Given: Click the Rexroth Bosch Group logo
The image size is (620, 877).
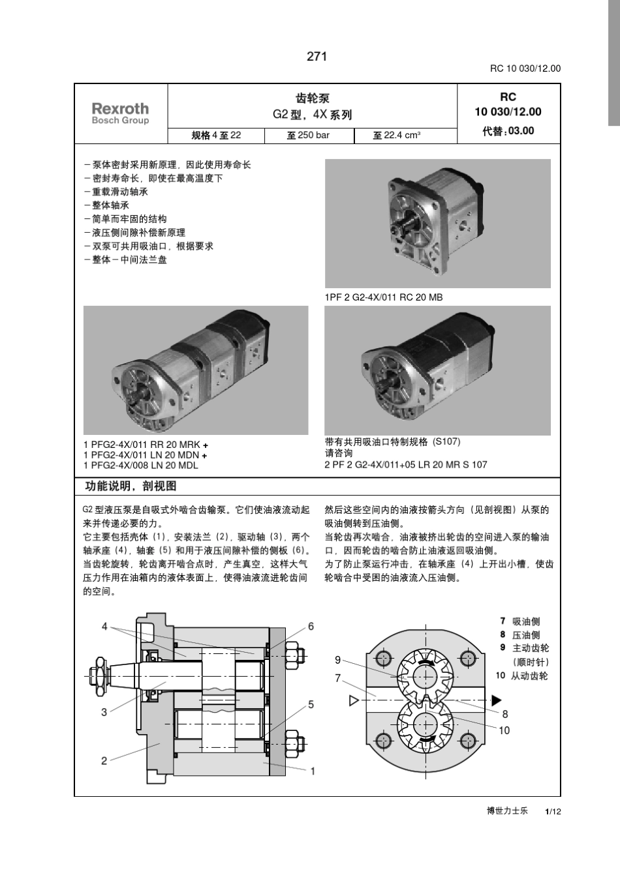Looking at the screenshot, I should [x=120, y=113].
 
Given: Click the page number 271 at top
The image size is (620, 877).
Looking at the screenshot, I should [x=317, y=57].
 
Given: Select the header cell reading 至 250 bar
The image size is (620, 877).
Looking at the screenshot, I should [x=308, y=136].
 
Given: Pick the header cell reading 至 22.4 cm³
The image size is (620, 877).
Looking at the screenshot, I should [x=397, y=136].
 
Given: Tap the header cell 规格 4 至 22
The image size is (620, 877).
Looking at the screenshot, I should [x=216, y=136].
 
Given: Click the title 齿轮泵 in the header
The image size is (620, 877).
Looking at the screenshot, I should [x=312, y=98].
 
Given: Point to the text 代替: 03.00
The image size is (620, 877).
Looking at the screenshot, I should [x=508, y=131].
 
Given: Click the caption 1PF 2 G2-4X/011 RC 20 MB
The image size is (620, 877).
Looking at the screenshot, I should [x=384, y=297].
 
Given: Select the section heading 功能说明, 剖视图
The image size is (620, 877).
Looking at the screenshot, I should [x=131, y=486].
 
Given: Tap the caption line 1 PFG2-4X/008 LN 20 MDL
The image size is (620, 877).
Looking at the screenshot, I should [x=141, y=466].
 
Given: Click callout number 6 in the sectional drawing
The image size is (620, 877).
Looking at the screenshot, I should [x=311, y=627].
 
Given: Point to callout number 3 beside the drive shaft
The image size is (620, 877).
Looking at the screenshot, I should [x=104, y=712].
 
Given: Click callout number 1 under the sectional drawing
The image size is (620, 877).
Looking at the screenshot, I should [x=313, y=771].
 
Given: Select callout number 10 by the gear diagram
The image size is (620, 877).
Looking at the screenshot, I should [x=504, y=731].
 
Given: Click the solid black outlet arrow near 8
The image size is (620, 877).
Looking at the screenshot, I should [x=496, y=700].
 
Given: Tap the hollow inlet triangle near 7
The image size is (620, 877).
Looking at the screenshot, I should [x=354, y=701].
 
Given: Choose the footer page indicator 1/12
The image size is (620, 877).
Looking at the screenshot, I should [x=553, y=812].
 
